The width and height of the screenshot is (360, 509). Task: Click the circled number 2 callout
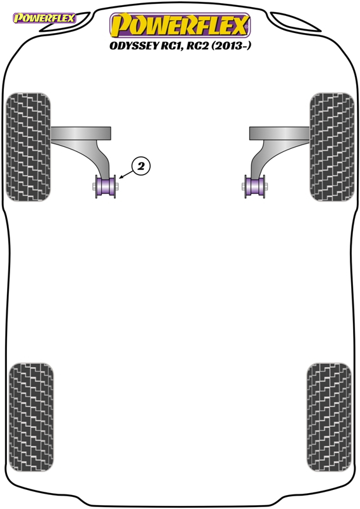[x=141, y=167]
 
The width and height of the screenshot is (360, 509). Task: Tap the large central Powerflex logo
[x=180, y=25]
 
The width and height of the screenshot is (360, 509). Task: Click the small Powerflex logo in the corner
[x=44, y=18]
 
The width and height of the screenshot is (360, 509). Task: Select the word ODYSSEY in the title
[x=133, y=46]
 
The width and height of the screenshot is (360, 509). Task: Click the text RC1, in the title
[x=172, y=46]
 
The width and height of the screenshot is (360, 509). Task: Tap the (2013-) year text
[x=231, y=46]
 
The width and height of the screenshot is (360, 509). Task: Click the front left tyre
[x=28, y=147]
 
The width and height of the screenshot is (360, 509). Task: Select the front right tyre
[x=332, y=147]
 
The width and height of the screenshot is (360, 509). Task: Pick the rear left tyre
[x=31, y=417]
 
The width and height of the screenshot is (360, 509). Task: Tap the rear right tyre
[x=329, y=417]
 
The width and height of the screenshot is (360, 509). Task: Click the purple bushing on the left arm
[x=106, y=186]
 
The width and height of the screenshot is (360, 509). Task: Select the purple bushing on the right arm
[x=255, y=186]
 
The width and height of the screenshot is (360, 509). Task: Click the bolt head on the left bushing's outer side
[x=93, y=186]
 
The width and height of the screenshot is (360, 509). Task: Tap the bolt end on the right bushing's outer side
[x=266, y=186]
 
